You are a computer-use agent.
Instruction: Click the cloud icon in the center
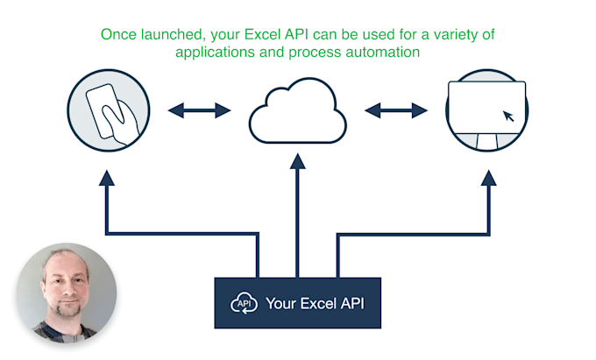point(298,113)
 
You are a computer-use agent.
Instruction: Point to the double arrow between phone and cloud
point(199,110)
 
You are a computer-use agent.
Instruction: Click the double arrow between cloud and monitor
point(396,110)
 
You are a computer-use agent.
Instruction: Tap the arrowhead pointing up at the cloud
point(298,161)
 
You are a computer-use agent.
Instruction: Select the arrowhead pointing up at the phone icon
point(107,177)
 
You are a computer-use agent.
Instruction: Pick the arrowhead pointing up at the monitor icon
point(487,177)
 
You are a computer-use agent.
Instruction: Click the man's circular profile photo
point(67,293)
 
